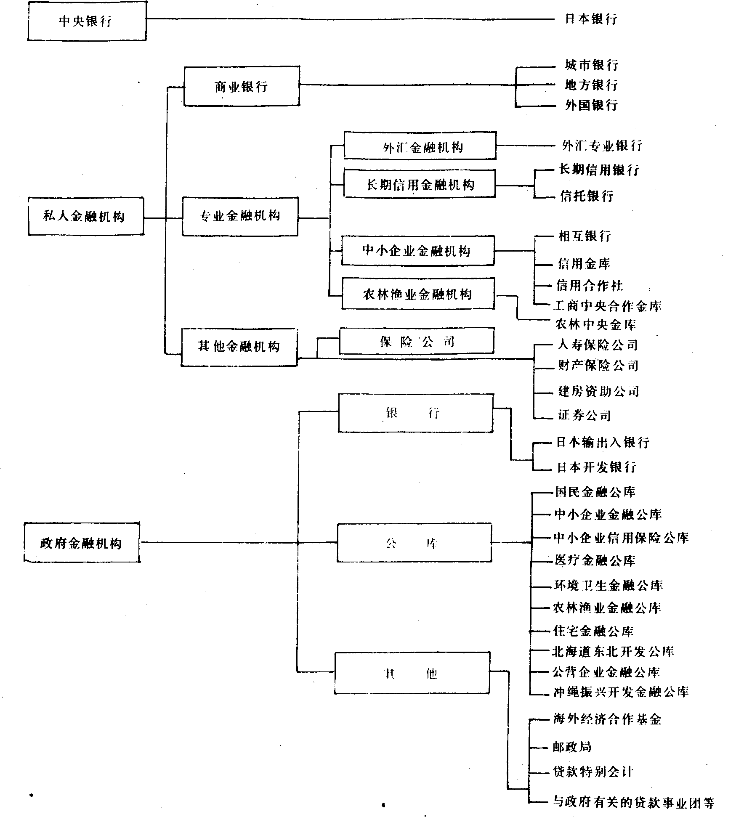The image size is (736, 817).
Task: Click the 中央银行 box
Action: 87,21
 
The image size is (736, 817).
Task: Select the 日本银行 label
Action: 591,19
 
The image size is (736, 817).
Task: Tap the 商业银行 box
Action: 242,86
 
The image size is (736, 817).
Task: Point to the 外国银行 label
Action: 591,105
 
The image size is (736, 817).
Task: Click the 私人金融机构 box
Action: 85,216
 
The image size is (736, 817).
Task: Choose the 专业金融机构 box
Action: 240,216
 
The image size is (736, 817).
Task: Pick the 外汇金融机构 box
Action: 420,146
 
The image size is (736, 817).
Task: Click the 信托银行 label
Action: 587,196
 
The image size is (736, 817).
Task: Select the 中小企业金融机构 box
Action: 417,251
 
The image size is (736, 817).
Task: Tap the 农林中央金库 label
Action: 595,324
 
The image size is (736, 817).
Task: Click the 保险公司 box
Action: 416,341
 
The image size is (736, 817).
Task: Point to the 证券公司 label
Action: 584,415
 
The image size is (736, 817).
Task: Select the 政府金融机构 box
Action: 82,543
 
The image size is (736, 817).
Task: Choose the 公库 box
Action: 414,543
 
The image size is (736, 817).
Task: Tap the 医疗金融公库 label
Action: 595,560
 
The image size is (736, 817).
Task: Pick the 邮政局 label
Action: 572,747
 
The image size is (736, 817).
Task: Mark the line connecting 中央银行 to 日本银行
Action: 349,19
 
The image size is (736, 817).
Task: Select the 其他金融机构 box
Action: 239,347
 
